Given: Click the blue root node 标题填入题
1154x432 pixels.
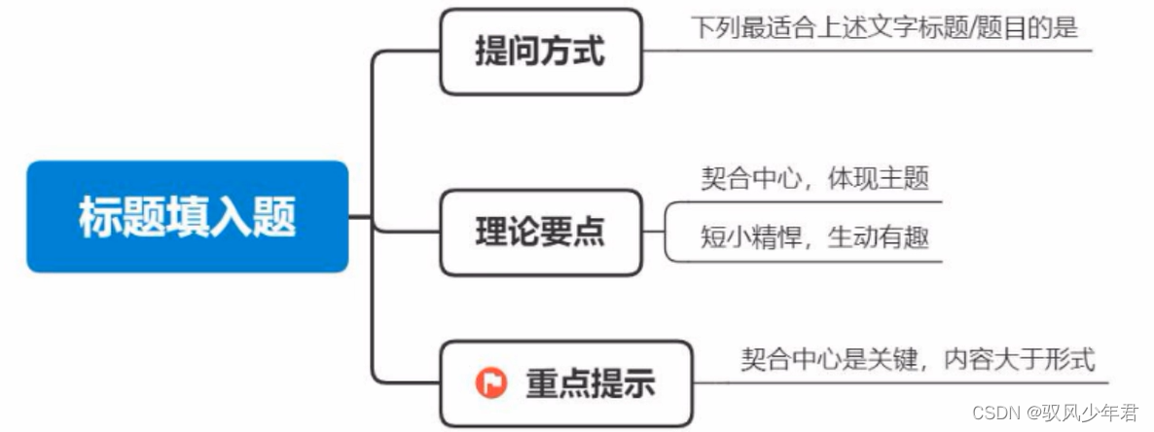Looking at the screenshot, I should (187, 216).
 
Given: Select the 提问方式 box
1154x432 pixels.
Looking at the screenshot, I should (540, 52).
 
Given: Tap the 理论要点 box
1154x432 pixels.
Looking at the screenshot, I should (540, 232).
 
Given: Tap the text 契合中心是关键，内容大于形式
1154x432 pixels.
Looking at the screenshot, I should (918, 359).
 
